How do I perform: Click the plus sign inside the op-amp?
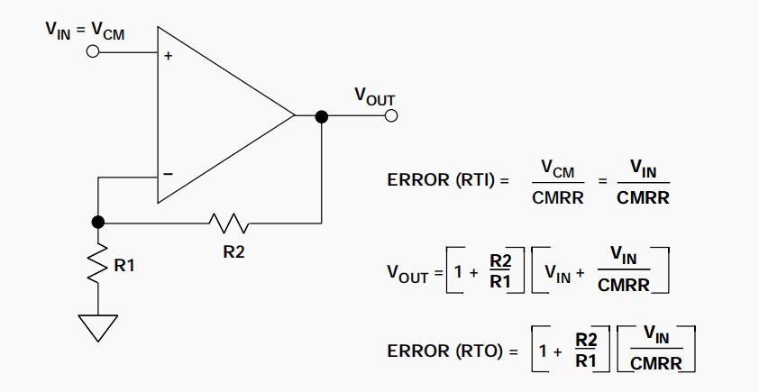(x=168, y=56)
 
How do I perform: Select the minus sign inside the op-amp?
(x=168, y=174)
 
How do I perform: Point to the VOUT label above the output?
(x=374, y=95)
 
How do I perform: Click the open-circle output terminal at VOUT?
(x=390, y=116)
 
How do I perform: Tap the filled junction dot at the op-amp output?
(x=321, y=116)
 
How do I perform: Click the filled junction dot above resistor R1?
(x=98, y=221)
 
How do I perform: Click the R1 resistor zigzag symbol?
(x=98, y=265)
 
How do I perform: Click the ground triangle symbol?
(x=98, y=325)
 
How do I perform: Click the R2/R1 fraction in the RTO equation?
(x=586, y=351)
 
